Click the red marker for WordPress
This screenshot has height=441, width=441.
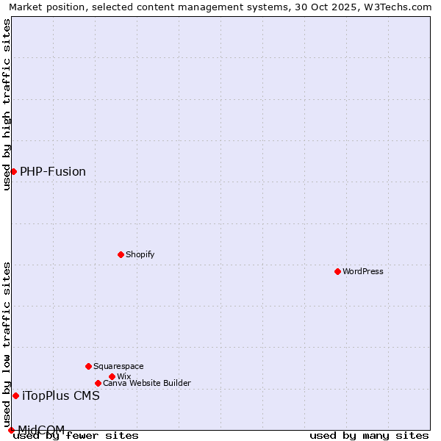click(337, 271)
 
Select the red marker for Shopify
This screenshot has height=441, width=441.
click(121, 254)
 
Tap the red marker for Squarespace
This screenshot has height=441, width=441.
click(88, 366)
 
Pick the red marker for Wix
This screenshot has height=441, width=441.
click(112, 376)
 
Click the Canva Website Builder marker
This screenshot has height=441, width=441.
click(98, 383)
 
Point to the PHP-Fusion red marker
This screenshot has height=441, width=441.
click(13, 171)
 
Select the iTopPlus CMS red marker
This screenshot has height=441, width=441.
click(15, 395)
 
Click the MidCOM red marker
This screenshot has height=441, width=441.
click(11, 430)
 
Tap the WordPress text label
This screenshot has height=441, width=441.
click(363, 271)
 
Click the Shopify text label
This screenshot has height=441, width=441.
click(140, 254)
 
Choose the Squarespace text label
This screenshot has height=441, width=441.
click(118, 366)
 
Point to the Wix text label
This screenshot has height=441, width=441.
click(123, 376)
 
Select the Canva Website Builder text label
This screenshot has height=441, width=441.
click(147, 383)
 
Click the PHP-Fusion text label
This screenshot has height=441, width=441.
click(53, 172)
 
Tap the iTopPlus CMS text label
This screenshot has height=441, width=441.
click(61, 396)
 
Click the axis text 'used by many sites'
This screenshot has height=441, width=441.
click(369, 436)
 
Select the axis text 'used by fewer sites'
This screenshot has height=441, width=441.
click(76, 436)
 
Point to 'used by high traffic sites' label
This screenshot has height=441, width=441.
click(7, 104)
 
